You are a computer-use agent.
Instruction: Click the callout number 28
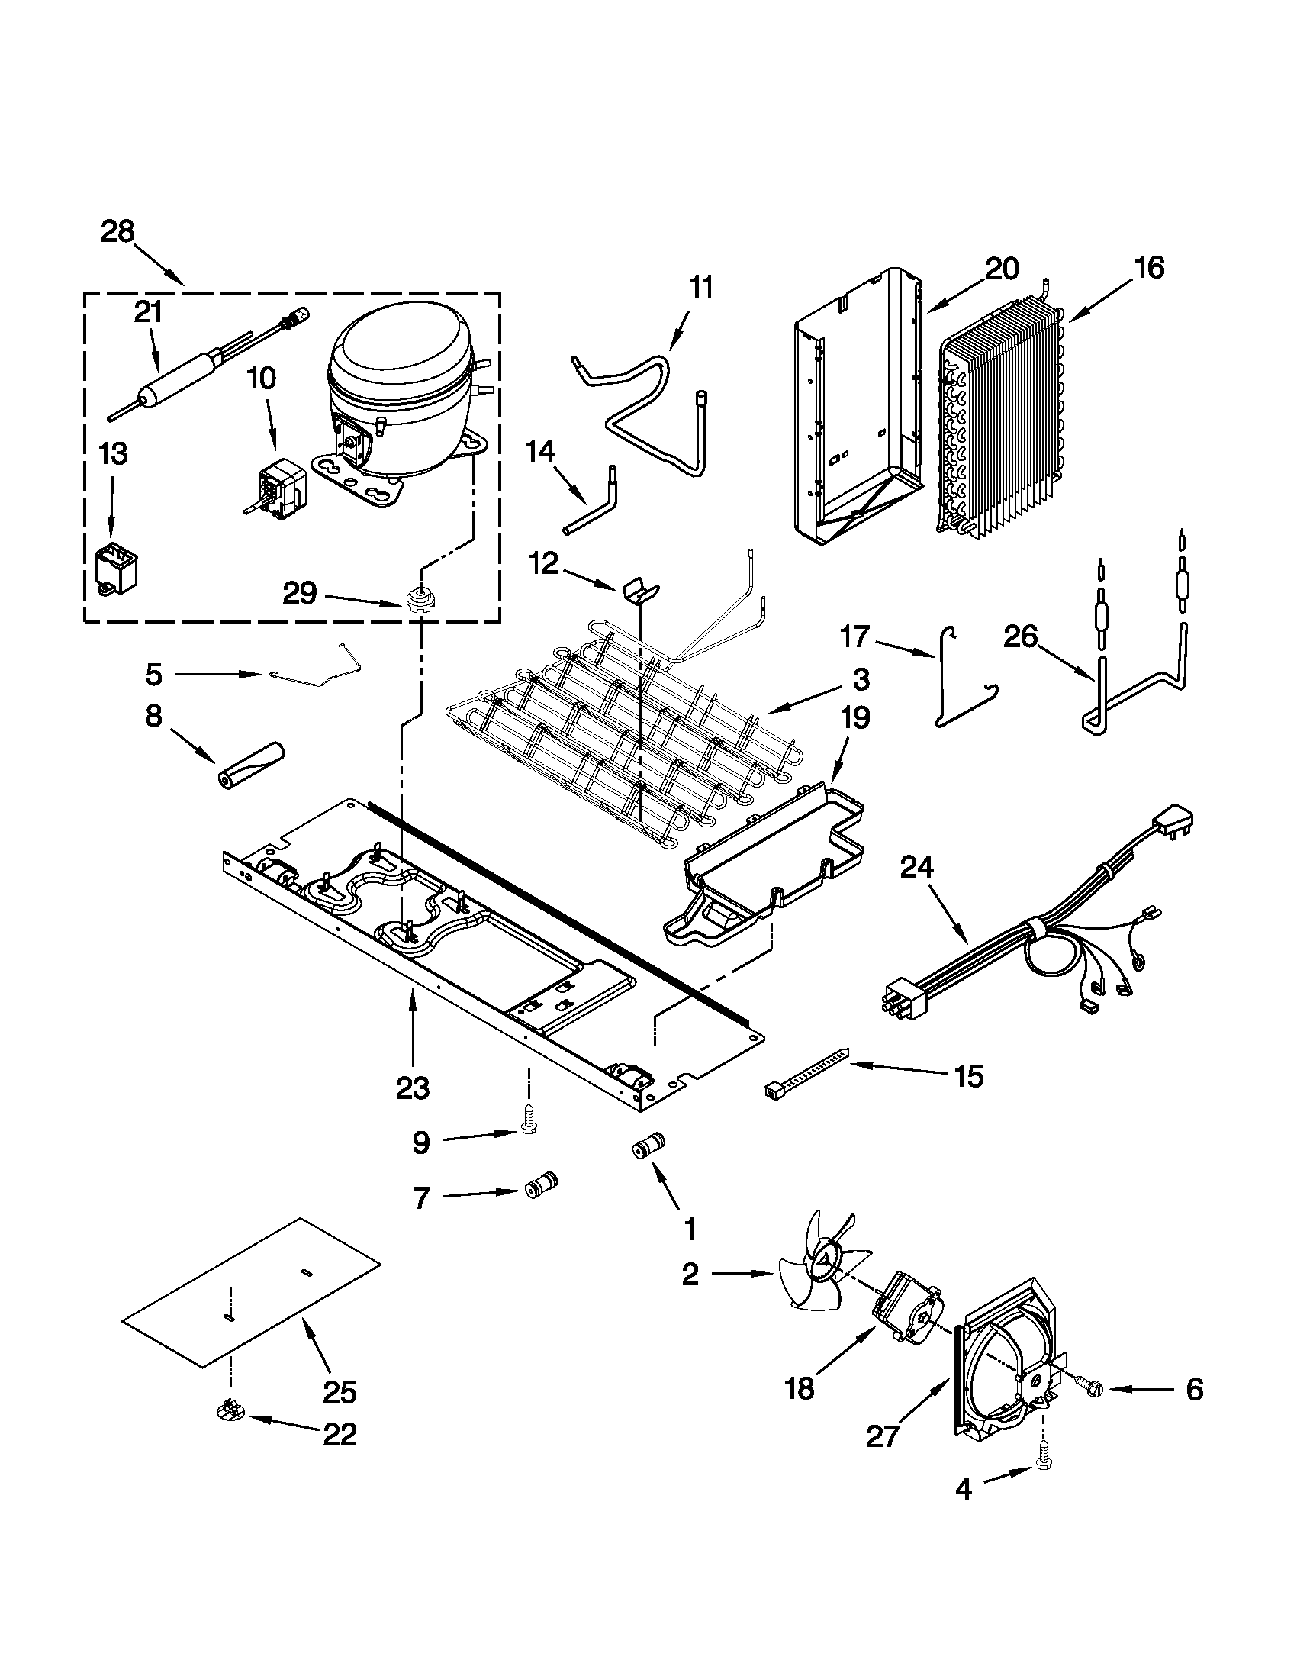click(x=117, y=231)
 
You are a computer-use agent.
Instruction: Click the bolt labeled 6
click(x=1090, y=1388)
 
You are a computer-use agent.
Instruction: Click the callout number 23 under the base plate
click(x=413, y=1088)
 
